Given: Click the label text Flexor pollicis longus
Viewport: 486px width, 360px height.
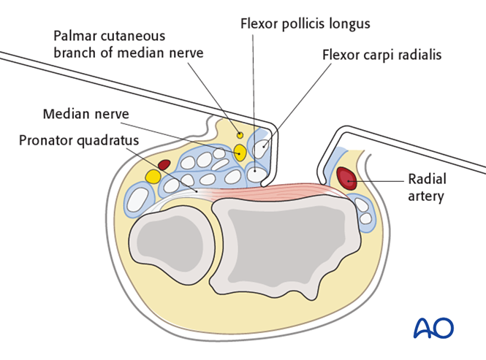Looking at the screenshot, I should pyautogui.click(x=305, y=23).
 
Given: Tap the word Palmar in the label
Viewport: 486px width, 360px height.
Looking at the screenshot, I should pyautogui.click(x=75, y=35).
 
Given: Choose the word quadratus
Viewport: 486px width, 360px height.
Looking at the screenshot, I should pyautogui.click(x=110, y=139).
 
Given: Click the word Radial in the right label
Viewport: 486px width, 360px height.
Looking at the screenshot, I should pyautogui.click(x=428, y=179).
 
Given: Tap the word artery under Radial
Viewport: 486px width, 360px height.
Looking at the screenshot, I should pyautogui.click(x=427, y=196).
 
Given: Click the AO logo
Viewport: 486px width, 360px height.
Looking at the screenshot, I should pyautogui.click(x=433, y=328).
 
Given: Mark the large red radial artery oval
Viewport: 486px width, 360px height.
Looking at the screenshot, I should pyautogui.click(x=348, y=179).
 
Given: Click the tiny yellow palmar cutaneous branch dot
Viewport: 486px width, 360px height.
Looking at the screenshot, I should pyautogui.click(x=240, y=134).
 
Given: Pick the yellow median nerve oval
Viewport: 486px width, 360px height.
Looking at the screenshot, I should pyautogui.click(x=240, y=153).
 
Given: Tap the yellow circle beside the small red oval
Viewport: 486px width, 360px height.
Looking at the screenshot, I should pyautogui.click(x=153, y=177).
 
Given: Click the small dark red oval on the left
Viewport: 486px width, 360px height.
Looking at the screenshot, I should pyautogui.click(x=164, y=164).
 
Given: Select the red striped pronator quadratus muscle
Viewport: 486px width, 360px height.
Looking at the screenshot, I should pyautogui.click(x=270, y=191).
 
